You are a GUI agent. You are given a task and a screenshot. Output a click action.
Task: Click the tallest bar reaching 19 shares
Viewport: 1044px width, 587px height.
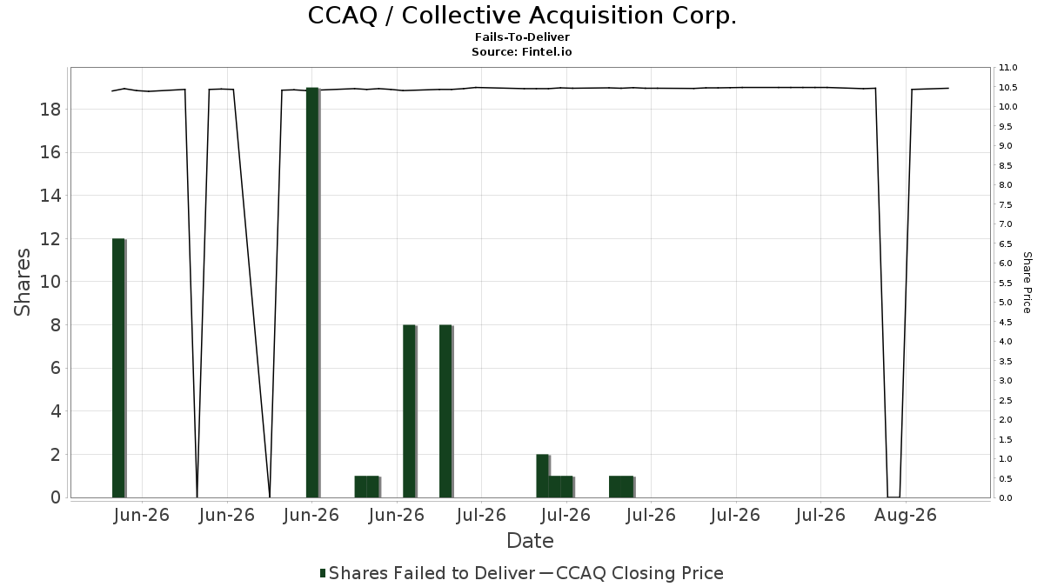click(x=312, y=292)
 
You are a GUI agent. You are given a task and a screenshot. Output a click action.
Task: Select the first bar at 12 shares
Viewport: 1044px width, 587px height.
click(x=118, y=368)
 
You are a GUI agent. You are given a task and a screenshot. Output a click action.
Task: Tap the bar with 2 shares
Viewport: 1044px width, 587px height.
click(x=543, y=476)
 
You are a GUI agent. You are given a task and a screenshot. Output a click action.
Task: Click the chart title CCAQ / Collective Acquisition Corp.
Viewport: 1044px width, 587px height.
click(x=522, y=16)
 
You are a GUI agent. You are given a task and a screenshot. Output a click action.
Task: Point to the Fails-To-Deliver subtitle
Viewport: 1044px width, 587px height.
click(x=522, y=37)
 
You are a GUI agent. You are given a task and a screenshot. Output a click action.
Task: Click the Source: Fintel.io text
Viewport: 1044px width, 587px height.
click(x=522, y=51)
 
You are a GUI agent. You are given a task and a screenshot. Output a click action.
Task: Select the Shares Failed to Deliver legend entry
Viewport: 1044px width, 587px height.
click(x=427, y=573)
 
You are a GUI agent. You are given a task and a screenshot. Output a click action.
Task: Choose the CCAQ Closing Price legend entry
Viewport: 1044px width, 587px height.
click(x=632, y=573)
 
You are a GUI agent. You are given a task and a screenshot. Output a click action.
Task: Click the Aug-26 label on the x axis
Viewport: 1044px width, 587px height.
click(x=905, y=515)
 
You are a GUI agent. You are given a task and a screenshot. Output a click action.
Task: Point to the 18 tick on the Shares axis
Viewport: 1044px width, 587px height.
click(x=50, y=110)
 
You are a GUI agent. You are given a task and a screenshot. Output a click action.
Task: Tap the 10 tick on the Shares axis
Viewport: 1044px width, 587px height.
click(x=50, y=282)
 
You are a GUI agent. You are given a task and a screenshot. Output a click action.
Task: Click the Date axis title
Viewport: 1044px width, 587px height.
click(x=530, y=541)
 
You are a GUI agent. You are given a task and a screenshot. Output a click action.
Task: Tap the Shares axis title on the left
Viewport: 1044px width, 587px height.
click(x=22, y=283)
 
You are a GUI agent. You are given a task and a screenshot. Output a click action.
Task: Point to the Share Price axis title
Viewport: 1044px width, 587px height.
click(x=1027, y=283)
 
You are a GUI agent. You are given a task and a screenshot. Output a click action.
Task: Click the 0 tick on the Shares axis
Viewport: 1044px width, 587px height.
click(x=56, y=497)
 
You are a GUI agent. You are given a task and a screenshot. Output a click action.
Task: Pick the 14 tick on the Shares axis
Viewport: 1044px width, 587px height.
click(x=50, y=196)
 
